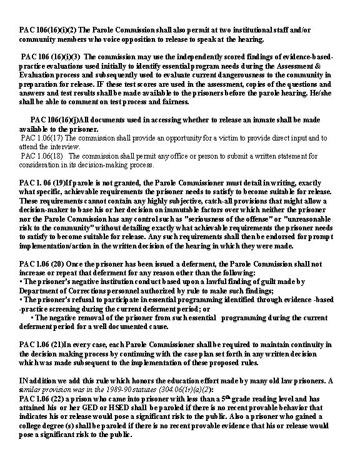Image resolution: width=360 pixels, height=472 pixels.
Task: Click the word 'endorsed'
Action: coord(279,236)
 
